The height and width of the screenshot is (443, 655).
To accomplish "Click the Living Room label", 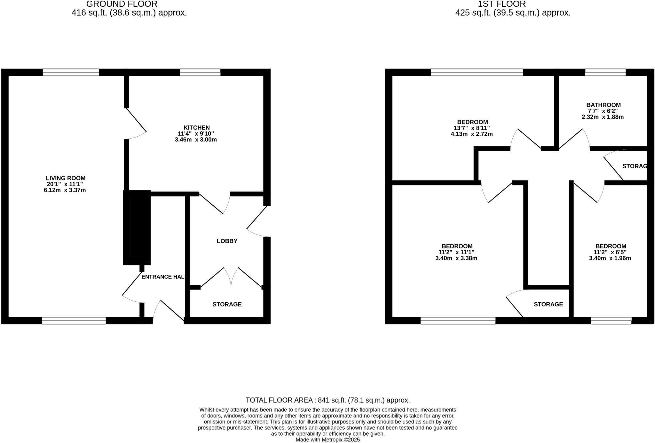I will click(66, 178).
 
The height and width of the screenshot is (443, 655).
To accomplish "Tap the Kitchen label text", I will click(196, 128).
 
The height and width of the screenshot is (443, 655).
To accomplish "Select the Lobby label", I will click(227, 241).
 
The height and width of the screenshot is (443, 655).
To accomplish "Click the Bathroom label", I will click(603, 105).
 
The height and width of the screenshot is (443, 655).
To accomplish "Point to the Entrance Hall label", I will click(163, 277).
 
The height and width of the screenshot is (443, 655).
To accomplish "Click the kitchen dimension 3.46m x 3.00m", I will click(196, 140).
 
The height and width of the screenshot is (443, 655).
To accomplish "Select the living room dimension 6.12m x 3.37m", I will click(65, 190).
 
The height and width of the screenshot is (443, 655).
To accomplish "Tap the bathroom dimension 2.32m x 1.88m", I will click(603, 117).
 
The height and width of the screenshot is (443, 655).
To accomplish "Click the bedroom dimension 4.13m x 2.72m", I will click(471, 134).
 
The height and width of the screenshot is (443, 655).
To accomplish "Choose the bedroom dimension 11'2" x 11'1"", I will click(456, 252).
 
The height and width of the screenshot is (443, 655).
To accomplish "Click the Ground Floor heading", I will click(122, 4).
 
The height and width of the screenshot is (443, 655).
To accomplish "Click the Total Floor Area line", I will click(327, 400).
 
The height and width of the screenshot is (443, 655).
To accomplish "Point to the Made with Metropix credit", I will click(327, 440).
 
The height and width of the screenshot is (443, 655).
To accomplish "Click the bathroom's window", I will click(605, 72).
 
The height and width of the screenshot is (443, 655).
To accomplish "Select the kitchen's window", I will click(200, 72).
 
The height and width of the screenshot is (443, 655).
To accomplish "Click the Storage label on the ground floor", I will click(227, 305).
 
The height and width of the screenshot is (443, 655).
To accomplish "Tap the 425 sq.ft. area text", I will click(513, 13).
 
